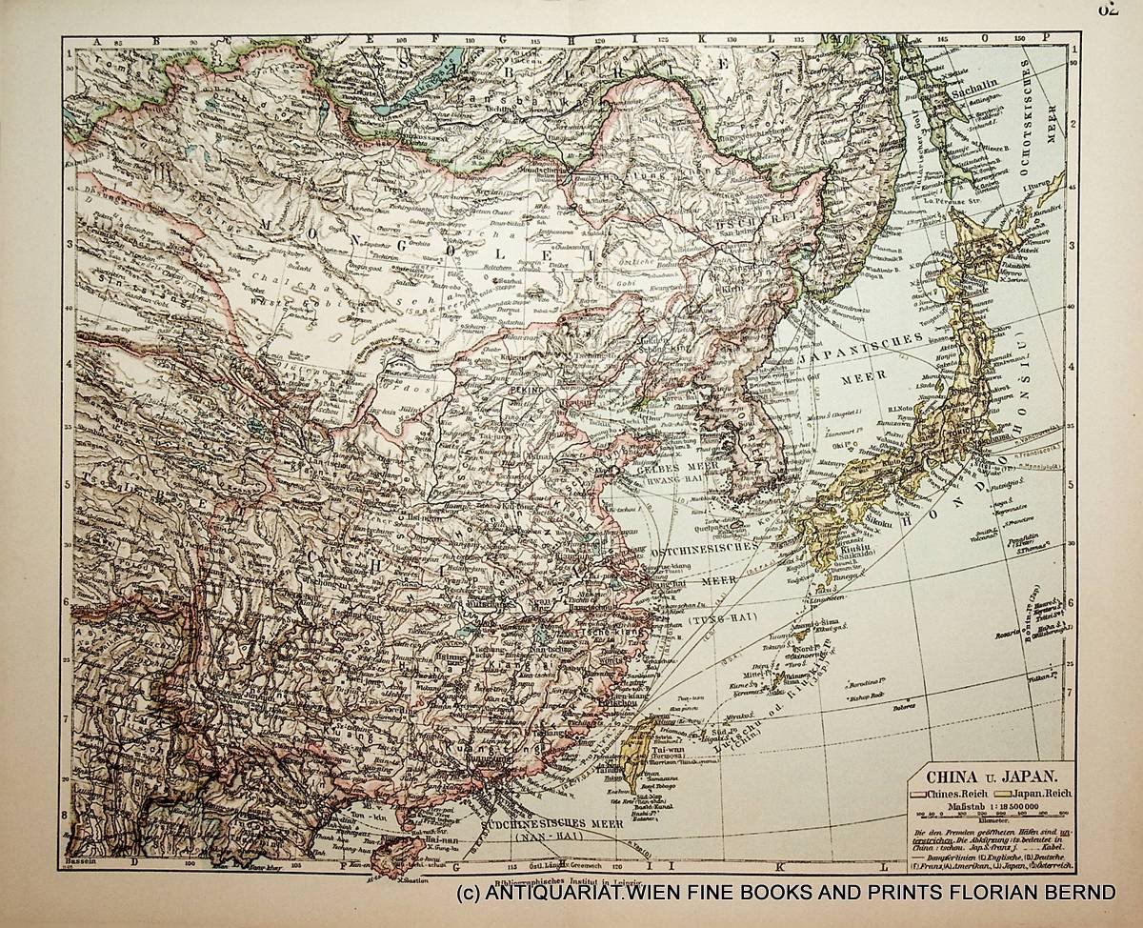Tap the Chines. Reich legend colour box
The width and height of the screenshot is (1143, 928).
click(917, 794)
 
